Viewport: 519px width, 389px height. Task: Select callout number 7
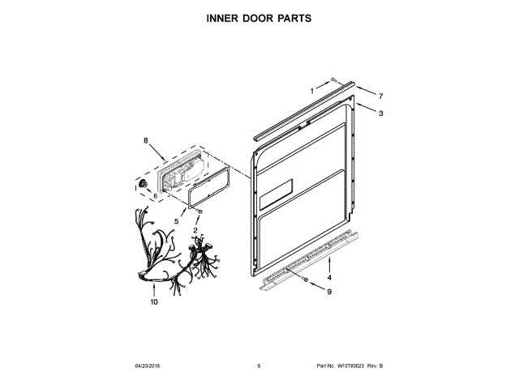pos(380,96)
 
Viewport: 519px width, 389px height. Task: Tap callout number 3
pos(380,113)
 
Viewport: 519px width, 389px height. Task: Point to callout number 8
pos(146,140)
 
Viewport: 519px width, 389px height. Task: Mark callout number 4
pos(328,278)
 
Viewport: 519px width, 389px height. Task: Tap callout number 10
pos(153,303)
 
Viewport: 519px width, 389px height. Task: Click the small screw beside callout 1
pos(333,80)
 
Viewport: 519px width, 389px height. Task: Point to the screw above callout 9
pos(305,280)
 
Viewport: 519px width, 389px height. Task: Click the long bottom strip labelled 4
pos(308,259)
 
